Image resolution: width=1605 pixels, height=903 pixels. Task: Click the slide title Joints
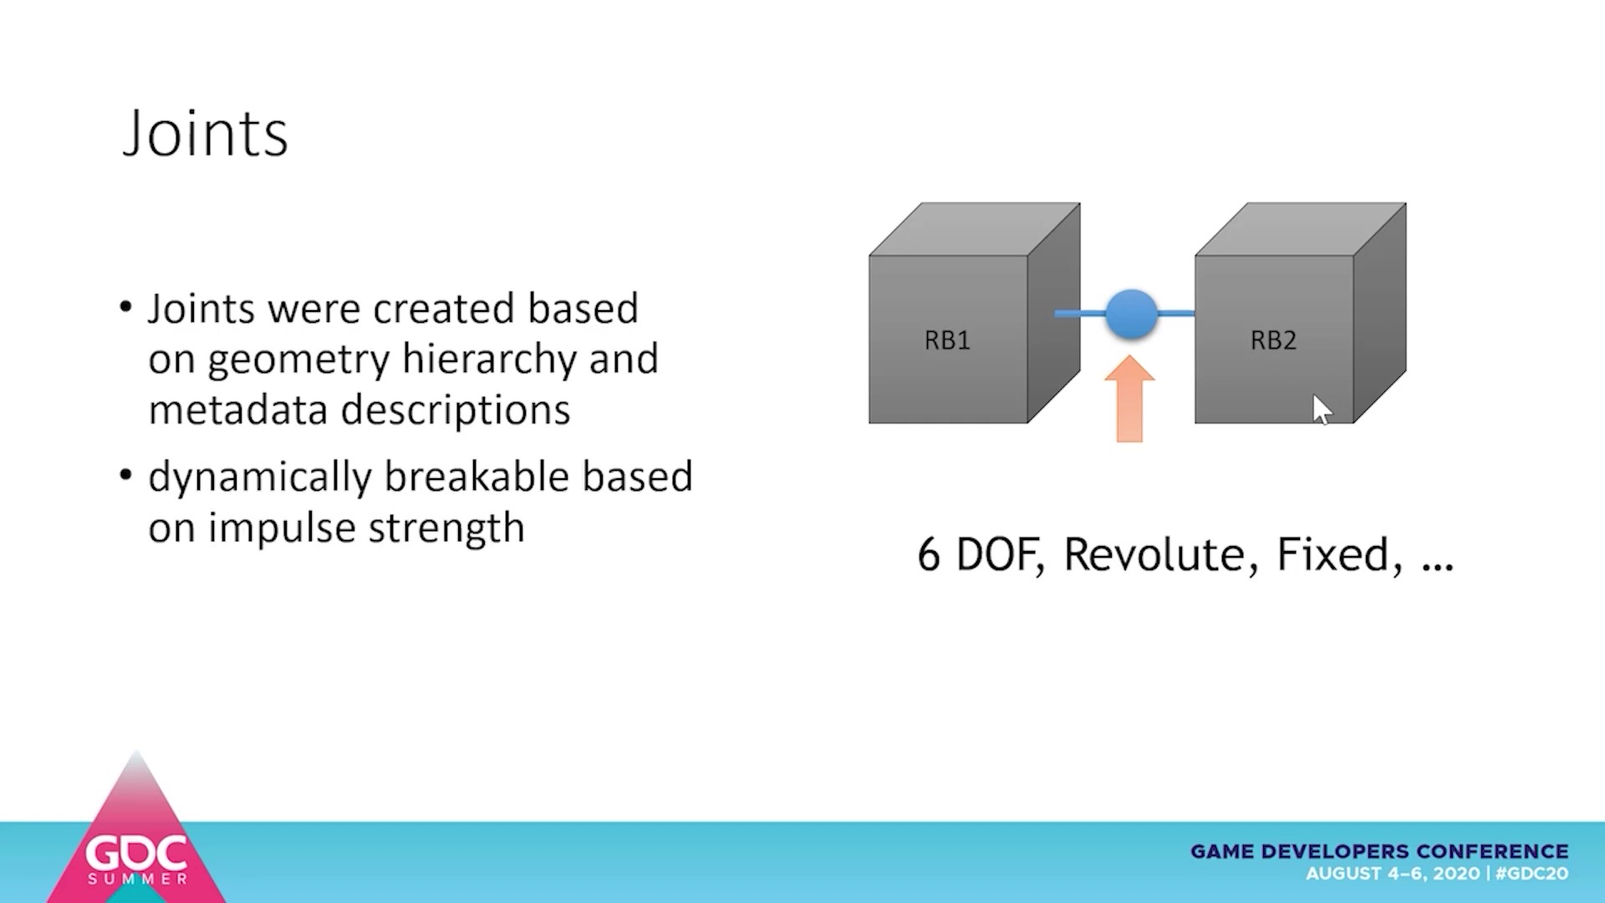pyautogui.click(x=206, y=134)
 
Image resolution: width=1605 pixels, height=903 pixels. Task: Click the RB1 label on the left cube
pyautogui.click(x=947, y=340)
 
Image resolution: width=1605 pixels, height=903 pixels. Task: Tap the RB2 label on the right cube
pyautogui.click(x=1273, y=340)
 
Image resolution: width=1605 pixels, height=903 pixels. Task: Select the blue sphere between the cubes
pyautogui.click(x=1132, y=314)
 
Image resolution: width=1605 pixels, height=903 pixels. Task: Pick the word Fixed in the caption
pyautogui.click(x=1337, y=554)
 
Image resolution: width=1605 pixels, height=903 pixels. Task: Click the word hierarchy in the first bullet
pyautogui.click(x=489, y=360)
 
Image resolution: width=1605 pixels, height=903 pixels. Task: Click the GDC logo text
pyautogui.click(x=136, y=853)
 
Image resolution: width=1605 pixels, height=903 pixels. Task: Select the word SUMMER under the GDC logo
pyautogui.click(x=138, y=880)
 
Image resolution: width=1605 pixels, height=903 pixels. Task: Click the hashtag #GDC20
pyautogui.click(x=1531, y=874)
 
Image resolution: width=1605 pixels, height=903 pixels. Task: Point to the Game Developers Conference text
pyautogui.click(x=1379, y=851)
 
